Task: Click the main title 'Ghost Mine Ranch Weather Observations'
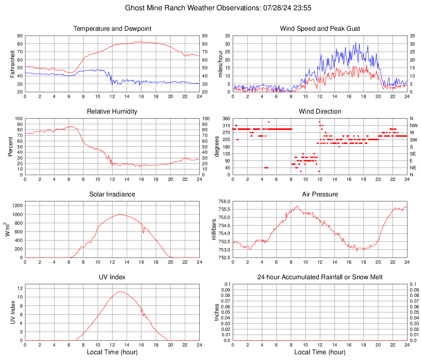pyautogui.click(x=210, y=8)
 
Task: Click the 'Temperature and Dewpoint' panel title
pyautogui.click(x=112, y=29)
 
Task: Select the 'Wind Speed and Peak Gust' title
pyautogui.click(x=320, y=29)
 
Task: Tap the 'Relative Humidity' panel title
pyautogui.click(x=112, y=112)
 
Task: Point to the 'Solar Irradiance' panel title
pyautogui.click(x=112, y=194)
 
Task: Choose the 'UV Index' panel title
pyautogui.click(x=112, y=277)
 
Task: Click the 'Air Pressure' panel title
pyautogui.click(x=320, y=194)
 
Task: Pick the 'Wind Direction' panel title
pyautogui.click(x=320, y=112)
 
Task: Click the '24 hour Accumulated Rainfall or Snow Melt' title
pyautogui.click(x=320, y=277)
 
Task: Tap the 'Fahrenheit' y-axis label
pyautogui.click(x=12, y=64)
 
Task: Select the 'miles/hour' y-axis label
pyautogui.click(x=220, y=64)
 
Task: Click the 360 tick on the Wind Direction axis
pyautogui.click(x=226, y=118)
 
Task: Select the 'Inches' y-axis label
pyautogui.click(x=217, y=312)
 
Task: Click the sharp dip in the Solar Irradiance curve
pyautogui.click(x=143, y=232)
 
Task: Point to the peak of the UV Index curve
pyautogui.click(x=120, y=292)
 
